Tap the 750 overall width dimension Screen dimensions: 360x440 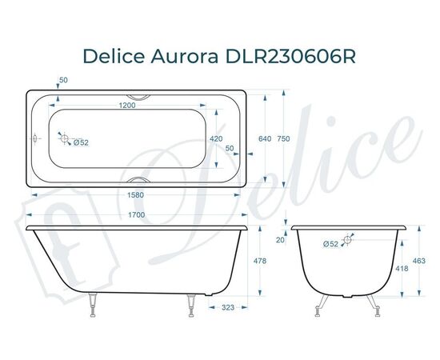pyautogui.click(x=295, y=139)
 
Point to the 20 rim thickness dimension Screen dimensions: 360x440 pyautogui.click(x=280, y=239)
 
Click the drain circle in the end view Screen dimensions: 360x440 pyautogui.click(x=349, y=238)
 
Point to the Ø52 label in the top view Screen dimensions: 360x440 pyautogui.click(x=80, y=143)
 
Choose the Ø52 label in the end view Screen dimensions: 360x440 pyautogui.click(x=330, y=244)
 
